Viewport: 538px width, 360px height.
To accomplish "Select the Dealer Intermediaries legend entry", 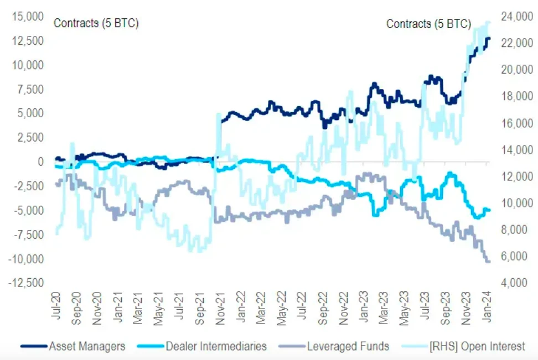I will (x=216, y=347).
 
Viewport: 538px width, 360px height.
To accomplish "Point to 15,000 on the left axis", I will (x=27, y=17).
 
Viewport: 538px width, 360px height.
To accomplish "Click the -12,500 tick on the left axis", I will (x=25, y=283).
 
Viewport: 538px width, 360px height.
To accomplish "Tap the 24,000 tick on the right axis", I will (x=513, y=17).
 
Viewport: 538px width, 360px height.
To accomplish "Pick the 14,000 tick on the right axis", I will (x=513, y=150).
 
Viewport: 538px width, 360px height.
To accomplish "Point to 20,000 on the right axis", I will (x=513, y=70).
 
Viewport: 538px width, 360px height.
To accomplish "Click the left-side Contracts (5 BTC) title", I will (x=96, y=24).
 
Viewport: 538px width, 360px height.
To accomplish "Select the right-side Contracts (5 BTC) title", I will (x=428, y=24).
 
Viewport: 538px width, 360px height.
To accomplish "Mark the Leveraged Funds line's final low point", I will (x=488, y=262).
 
